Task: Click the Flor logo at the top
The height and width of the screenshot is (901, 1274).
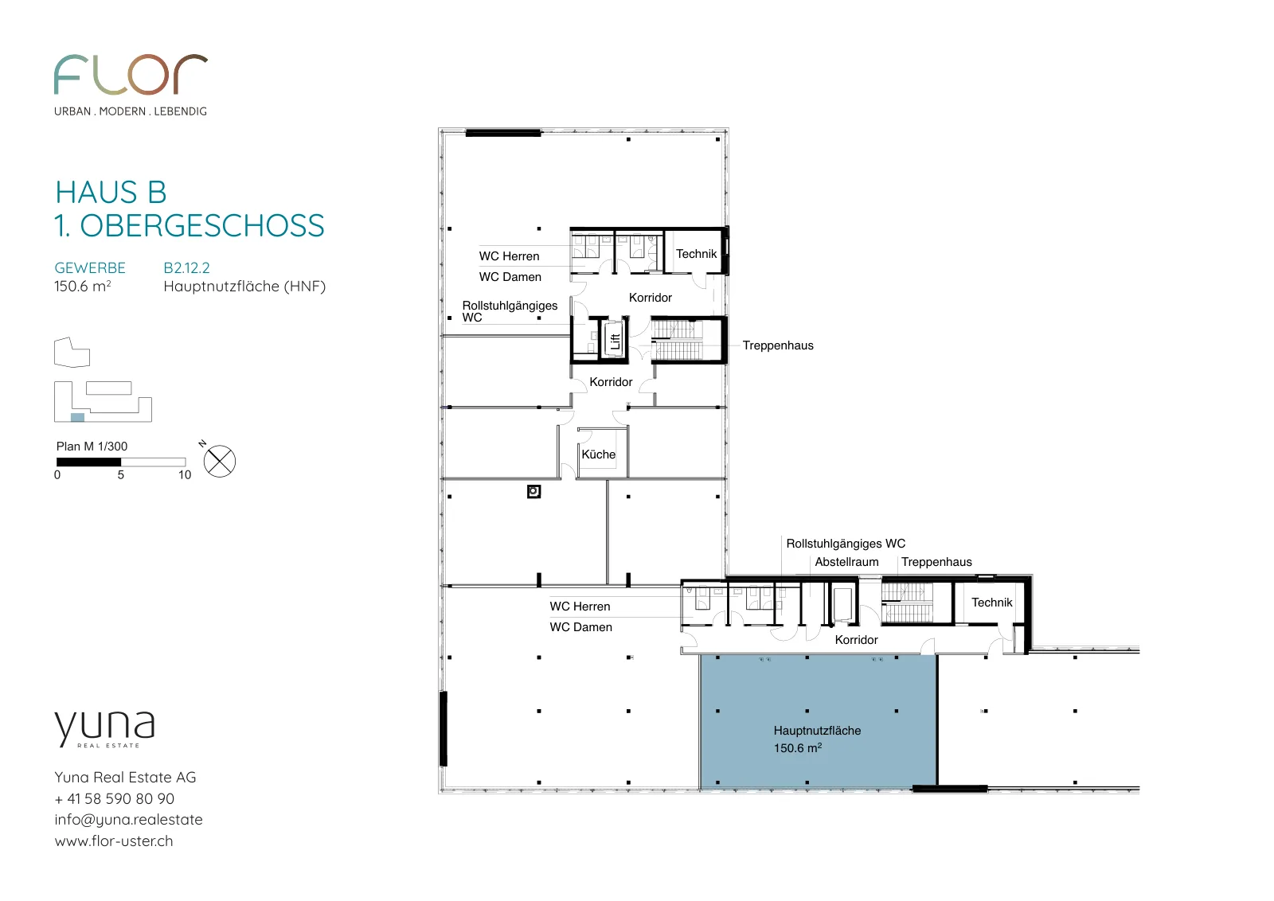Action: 131,75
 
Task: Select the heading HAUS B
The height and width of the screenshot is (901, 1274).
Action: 111,192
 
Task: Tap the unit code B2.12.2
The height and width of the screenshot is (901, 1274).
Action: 186,267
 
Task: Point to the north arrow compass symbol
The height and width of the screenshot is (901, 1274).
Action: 220,461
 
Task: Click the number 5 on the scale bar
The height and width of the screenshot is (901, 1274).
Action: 120,474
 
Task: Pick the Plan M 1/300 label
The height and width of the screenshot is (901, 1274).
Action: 92,447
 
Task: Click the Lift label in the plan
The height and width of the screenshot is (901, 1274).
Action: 615,341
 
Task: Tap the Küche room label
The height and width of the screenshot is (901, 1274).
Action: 598,454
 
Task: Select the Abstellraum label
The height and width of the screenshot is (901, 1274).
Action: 846,562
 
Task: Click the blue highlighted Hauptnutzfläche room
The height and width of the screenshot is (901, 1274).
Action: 818,721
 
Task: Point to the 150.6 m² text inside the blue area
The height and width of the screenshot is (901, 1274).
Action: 797,748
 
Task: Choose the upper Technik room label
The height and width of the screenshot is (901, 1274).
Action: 696,254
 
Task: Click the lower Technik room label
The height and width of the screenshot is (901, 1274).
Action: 992,602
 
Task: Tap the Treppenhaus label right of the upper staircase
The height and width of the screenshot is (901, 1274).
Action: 778,345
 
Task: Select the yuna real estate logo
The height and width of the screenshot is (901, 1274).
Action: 104,729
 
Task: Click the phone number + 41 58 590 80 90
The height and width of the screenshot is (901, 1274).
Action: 115,798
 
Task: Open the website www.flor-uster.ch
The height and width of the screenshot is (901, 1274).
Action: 114,841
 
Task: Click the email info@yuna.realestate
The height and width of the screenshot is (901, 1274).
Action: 128,820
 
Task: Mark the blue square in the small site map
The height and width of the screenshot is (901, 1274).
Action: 77,417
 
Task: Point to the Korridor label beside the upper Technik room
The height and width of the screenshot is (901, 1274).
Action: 650,298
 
